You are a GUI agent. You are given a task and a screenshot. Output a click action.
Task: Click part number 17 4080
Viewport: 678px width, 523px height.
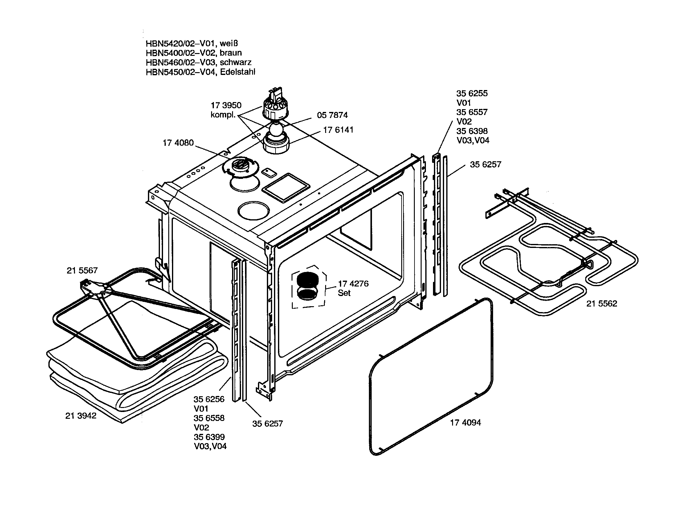click(x=178, y=143)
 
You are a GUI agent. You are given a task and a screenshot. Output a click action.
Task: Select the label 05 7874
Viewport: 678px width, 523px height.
click(x=332, y=115)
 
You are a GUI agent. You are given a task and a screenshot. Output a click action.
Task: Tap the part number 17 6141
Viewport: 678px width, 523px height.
click(x=338, y=130)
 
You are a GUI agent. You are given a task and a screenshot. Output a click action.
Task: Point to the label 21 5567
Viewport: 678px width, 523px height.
click(x=82, y=270)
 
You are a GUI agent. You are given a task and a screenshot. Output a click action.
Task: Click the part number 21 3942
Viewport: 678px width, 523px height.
click(x=81, y=416)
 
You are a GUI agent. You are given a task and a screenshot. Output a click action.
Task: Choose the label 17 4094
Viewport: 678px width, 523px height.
click(x=465, y=422)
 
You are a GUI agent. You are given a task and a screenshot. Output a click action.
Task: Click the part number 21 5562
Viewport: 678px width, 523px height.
click(x=601, y=303)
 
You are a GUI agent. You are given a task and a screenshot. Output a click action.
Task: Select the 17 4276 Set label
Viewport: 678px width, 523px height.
click(x=353, y=288)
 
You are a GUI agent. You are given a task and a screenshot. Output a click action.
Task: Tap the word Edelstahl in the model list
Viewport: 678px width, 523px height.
click(x=238, y=72)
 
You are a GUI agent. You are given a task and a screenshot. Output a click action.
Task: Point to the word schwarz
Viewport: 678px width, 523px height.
click(x=236, y=62)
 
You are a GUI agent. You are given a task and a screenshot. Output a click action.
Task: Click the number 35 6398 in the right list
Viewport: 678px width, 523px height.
click(x=472, y=131)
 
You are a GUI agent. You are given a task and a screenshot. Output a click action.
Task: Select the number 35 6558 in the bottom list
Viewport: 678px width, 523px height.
click(x=209, y=418)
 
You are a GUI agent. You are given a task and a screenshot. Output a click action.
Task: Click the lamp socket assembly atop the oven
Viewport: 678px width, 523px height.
click(x=276, y=104)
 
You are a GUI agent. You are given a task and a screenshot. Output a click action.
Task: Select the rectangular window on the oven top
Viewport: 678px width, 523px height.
click(x=286, y=187)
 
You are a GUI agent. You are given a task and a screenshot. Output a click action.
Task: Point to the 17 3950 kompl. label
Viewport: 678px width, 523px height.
click(x=226, y=110)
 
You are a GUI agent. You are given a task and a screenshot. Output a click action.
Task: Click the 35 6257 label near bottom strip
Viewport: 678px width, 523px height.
click(x=267, y=424)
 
